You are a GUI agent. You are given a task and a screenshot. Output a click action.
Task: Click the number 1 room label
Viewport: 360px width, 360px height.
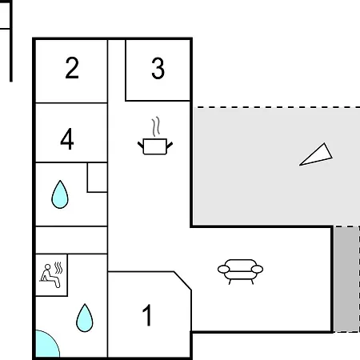[147, 315]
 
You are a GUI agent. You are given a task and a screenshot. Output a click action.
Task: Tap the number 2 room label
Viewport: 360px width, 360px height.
[72, 68]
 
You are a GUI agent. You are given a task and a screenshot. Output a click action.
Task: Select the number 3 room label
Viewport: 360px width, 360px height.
[158, 69]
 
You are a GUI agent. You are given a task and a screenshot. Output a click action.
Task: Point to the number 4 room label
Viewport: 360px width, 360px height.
[67, 138]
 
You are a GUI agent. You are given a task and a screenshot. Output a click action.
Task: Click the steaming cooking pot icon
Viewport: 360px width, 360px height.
[155, 136]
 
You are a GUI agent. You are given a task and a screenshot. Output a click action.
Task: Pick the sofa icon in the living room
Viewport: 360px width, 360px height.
[240, 272]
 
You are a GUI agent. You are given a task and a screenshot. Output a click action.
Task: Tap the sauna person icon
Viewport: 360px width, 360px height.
[50, 276]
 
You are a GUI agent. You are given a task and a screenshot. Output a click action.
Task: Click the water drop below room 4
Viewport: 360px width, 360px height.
[60, 194]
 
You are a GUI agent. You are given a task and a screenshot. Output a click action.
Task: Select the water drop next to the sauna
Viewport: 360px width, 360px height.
[85, 318]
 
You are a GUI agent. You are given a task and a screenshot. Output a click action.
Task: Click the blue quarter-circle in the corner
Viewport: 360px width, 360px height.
[46, 346]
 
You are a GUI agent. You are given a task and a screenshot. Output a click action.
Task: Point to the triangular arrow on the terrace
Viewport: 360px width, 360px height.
[316, 154]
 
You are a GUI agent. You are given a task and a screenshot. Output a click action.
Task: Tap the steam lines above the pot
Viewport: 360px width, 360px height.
[156, 126]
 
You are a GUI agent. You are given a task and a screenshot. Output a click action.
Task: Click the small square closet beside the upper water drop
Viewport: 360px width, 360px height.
[98, 178]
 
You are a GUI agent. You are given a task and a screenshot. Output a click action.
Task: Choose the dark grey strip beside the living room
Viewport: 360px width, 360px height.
[346, 279]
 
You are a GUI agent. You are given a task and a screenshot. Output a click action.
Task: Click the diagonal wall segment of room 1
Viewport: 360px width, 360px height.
[182, 281]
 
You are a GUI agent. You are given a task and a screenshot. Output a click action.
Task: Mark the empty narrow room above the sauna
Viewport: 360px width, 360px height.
[71, 240]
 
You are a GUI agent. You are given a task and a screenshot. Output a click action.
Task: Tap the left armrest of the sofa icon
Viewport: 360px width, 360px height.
[223, 269]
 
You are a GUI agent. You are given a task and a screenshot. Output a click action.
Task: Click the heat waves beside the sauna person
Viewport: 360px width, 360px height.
[58, 268]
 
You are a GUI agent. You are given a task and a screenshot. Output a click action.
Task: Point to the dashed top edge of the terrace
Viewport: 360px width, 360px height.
[276, 107]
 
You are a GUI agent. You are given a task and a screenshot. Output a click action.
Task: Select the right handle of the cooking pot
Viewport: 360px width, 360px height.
[170, 146]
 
